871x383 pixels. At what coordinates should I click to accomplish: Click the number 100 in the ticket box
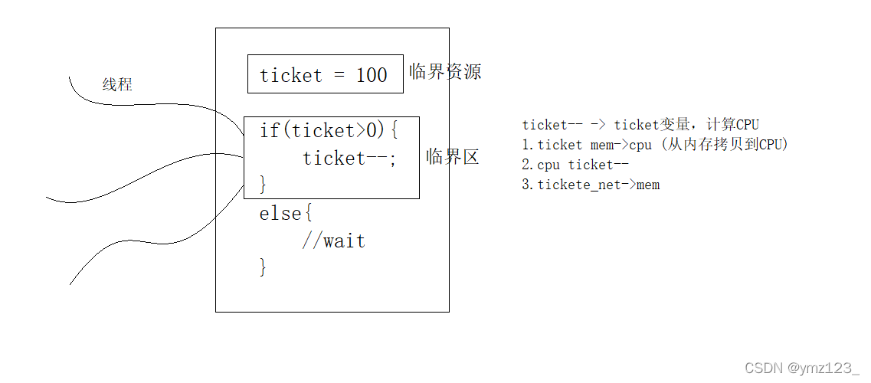pos(372,75)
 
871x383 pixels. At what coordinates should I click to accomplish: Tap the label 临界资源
pos(445,72)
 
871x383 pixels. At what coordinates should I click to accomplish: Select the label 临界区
pos(453,157)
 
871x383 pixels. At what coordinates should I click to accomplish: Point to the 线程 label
pos(117,85)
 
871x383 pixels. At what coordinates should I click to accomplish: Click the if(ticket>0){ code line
pos(329,130)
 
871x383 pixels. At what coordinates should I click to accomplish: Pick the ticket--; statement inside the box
pos(350,158)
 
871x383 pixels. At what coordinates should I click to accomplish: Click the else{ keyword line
pos(285,213)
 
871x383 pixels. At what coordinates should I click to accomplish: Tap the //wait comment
pos(333,241)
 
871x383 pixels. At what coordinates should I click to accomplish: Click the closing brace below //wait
pos(263,267)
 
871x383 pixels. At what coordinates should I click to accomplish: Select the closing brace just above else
pos(263,184)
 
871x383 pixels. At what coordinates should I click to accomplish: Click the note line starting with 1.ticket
pos(655,144)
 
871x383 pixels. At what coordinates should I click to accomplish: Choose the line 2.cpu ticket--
pos(575,165)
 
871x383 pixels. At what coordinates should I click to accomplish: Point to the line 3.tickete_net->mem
pos(591,185)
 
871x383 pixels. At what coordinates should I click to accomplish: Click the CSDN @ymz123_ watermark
pos(802,368)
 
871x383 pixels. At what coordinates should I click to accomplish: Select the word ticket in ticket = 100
pos(290,75)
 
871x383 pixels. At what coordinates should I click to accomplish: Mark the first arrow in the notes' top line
pos(598,124)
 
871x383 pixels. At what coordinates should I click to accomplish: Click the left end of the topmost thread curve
pos(70,77)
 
